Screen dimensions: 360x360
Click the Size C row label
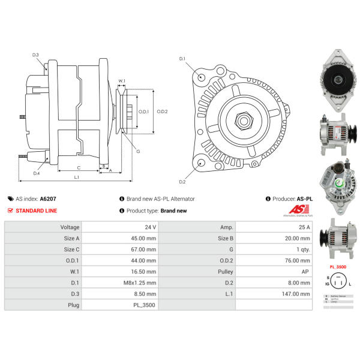pos(71,250)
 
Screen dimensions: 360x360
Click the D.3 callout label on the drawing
pos(35,55)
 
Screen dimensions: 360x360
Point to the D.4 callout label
pos(37,173)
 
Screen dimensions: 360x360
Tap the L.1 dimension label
pos(77,178)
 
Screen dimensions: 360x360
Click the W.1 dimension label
pos(122,80)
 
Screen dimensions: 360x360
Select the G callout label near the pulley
pos(138,151)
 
